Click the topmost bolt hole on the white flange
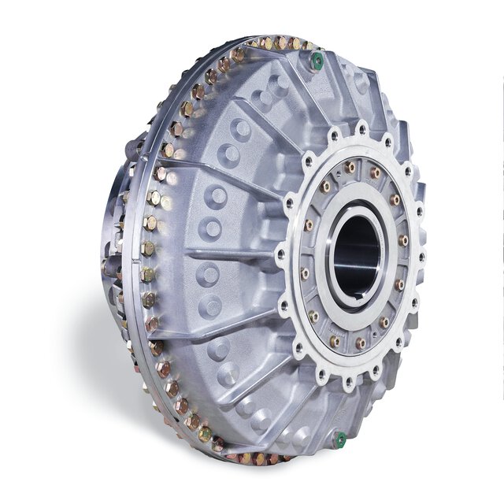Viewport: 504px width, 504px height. (x=361, y=127)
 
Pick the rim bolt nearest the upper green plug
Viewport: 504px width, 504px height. (x=297, y=44)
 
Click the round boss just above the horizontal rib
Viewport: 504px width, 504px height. (x=211, y=229)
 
